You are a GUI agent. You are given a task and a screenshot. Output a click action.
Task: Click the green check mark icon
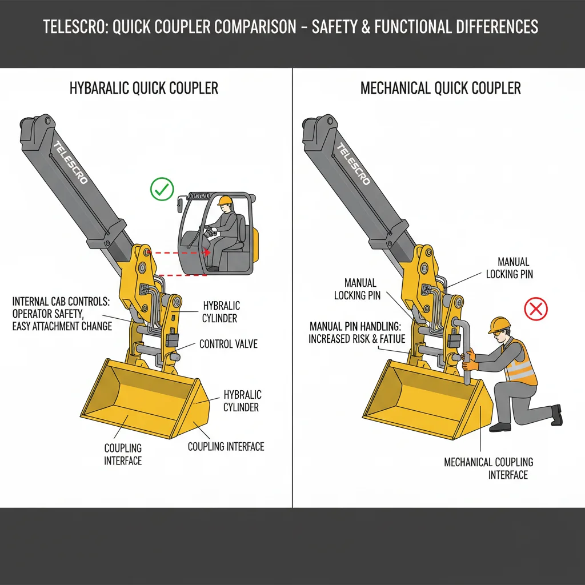(162, 189)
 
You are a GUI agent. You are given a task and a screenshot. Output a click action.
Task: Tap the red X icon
(536, 310)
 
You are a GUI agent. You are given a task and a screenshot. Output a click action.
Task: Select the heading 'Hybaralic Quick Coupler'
(143, 89)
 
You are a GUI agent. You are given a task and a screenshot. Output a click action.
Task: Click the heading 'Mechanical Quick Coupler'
(440, 89)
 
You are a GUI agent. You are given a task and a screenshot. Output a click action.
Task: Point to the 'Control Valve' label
(228, 344)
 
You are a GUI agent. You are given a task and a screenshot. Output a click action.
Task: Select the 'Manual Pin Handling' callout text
(357, 332)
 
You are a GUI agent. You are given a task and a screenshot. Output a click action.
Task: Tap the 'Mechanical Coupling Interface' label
(488, 468)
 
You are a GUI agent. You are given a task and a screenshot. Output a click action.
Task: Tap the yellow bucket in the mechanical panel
(428, 400)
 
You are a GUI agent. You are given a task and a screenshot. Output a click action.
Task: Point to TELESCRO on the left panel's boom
(71, 163)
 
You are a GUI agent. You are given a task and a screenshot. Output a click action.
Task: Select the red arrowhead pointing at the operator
(207, 252)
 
